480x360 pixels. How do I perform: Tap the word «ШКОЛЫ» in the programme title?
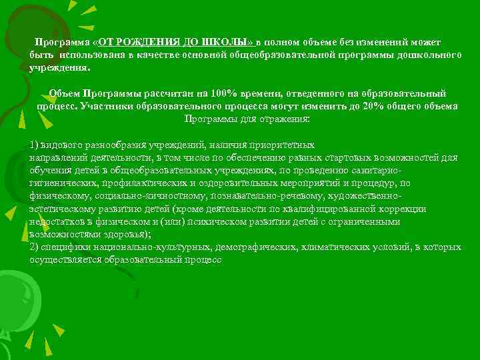[x=227, y=42]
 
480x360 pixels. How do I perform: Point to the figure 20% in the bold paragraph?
[x=377, y=107]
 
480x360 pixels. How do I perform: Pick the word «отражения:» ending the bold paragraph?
[x=283, y=119]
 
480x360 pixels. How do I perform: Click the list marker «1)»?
[x=35, y=145]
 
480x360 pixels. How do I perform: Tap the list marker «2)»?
[x=35, y=247]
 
